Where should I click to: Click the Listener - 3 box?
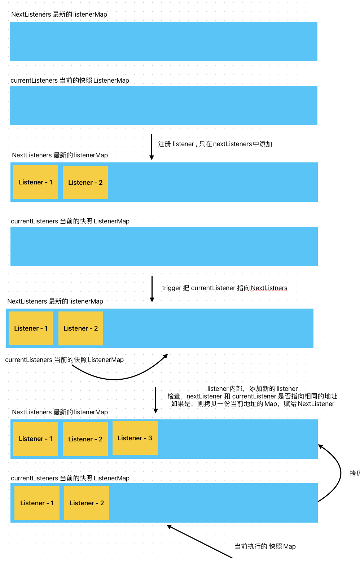135,438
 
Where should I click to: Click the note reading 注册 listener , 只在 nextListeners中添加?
215,144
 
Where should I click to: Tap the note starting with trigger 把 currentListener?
224,288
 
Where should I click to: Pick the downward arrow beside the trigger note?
152,289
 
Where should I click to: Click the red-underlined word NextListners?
269,288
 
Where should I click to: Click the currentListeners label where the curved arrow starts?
64,360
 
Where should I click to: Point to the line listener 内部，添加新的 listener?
253,389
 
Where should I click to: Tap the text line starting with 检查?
252,396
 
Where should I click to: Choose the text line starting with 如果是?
253,404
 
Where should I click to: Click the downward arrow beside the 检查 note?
156,400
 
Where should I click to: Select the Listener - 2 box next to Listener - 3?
85,439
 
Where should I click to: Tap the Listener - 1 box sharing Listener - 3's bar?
35,439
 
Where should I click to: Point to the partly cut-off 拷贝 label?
355,473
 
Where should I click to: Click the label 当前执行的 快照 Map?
265,546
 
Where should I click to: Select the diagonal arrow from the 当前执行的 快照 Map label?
199,542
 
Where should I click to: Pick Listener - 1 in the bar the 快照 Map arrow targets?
37,503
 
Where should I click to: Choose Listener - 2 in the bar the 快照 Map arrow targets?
87,503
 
